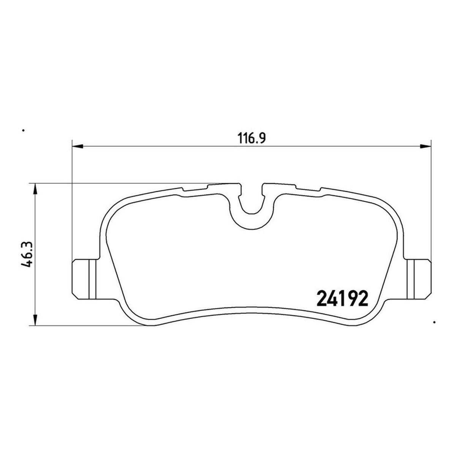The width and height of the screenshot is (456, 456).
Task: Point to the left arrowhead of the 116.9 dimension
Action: pos(78,147)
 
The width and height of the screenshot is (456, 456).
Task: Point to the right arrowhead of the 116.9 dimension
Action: pos(425,147)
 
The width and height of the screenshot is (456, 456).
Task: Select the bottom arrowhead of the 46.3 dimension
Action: pos(35,320)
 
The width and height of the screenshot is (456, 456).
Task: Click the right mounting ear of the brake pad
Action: pos(418,279)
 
